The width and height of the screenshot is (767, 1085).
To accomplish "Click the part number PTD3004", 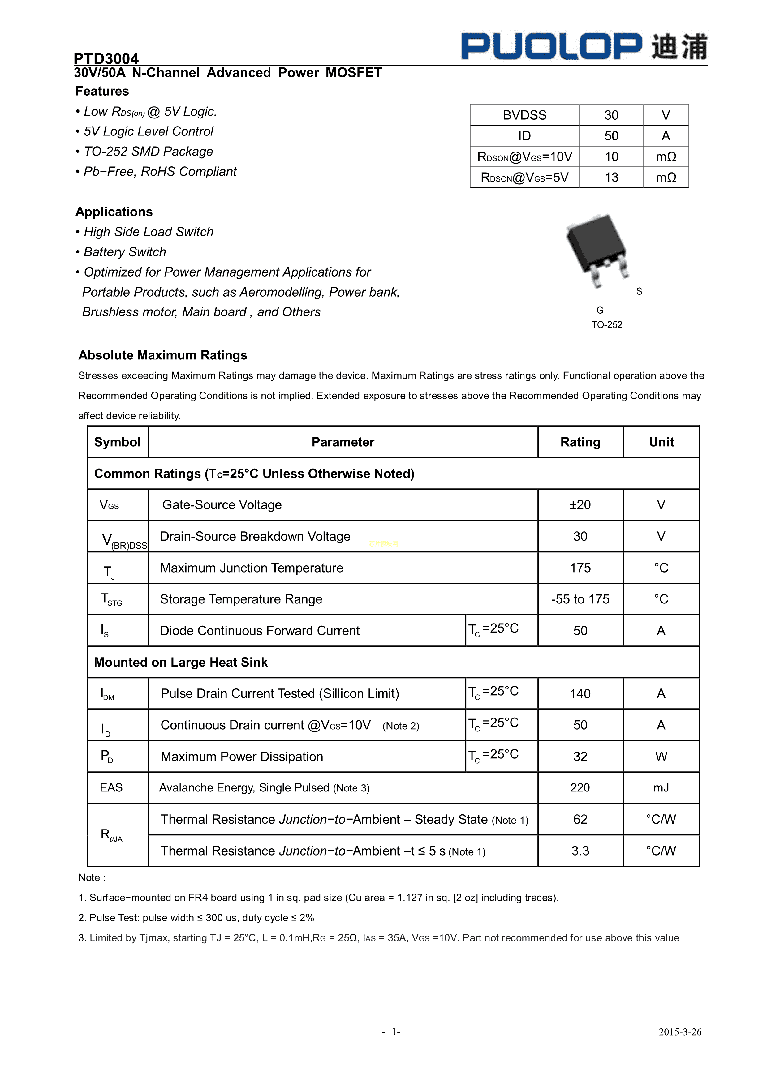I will point(106,58).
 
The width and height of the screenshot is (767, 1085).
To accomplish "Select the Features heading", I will point(102,91).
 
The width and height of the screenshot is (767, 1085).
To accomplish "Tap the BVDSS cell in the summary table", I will point(524,115).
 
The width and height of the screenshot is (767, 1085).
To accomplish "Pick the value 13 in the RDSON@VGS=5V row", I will point(611,178).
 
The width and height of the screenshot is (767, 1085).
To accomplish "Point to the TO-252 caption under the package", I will point(607,325).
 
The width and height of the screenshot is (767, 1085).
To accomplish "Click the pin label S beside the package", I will point(639,292).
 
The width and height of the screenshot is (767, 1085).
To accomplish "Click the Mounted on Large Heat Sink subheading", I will point(181,663).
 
